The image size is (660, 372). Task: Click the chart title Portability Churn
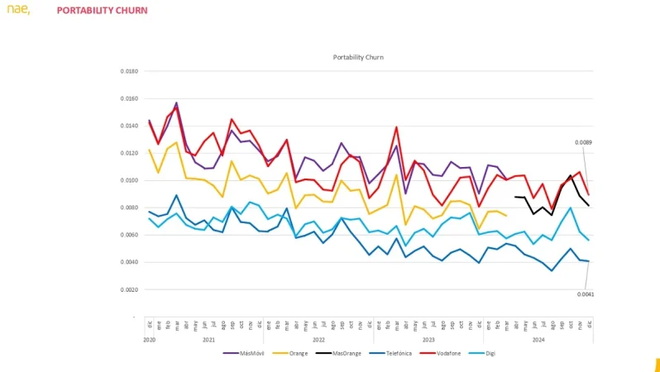coord(358,57)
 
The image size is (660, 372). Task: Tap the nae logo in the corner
coord(18,10)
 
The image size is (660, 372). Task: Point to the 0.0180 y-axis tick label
coord(128,71)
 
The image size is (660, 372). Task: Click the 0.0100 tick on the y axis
coord(128,180)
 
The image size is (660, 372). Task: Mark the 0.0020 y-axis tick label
coord(128,289)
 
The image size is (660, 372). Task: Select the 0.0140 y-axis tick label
coord(128,126)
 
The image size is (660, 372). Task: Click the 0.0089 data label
coord(584,142)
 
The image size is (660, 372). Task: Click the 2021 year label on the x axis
coord(209,339)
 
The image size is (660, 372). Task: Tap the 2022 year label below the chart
coord(318,339)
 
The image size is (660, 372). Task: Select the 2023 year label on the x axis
coord(428,339)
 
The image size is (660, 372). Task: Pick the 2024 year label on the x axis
coord(538,339)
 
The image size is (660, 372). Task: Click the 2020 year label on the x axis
coord(150,339)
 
